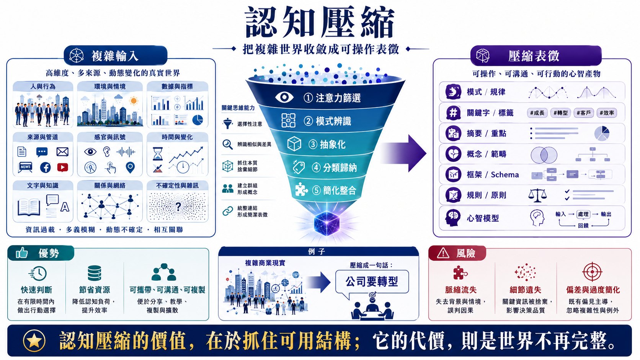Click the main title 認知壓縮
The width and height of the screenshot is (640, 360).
tap(320, 23)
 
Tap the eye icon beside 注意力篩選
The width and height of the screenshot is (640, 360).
tap(284, 97)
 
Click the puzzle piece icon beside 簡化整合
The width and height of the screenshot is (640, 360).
tap(301, 189)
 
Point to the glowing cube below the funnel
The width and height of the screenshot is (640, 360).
tap(327, 223)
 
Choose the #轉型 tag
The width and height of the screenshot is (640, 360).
tap(560, 113)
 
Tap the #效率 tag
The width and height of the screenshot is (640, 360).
tap(607, 113)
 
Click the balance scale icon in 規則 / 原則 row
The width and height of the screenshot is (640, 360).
tap(537, 195)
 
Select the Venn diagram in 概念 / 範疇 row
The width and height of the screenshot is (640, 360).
tap(544, 155)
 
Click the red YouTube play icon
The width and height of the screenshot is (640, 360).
tap(62, 167)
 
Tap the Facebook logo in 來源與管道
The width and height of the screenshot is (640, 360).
tap(46, 167)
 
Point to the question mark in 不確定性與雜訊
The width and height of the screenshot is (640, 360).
tap(178, 206)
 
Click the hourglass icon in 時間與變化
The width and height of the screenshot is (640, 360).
tap(158, 153)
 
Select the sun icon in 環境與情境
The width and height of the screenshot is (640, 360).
tap(134, 101)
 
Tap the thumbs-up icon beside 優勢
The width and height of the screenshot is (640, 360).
tap(22, 252)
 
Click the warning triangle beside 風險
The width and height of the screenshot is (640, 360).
tap(443, 252)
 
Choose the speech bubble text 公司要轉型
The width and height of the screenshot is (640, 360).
tap(372, 282)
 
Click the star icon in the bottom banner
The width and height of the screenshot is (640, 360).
tap(34, 340)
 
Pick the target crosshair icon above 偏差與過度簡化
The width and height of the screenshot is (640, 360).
tap(592, 272)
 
